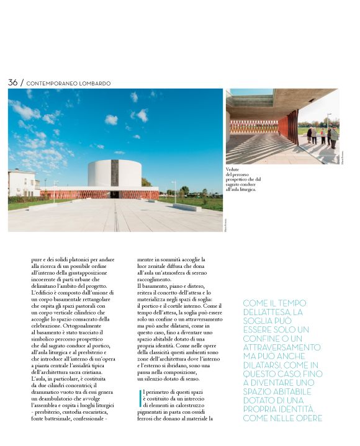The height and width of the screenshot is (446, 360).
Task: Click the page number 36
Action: click(12, 83)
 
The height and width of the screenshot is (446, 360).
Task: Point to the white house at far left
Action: click(20, 182)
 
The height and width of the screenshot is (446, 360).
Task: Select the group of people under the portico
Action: click(322, 135)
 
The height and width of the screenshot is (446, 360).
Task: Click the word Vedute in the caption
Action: click(233, 169)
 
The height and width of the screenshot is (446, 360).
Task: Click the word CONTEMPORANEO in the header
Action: click(51, 83)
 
